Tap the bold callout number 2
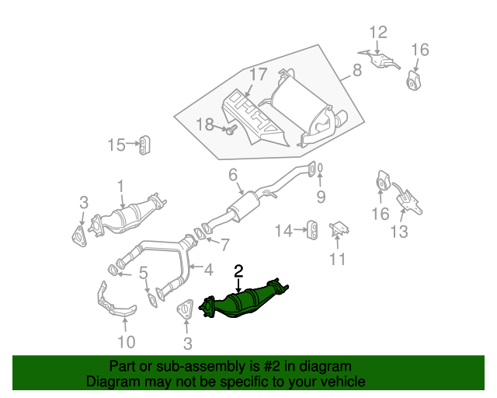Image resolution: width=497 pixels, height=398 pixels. click(x=238, y=271)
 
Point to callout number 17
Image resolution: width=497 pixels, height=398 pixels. click(x=258, y=75)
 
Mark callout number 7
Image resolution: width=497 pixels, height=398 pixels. click(x=224, y=245)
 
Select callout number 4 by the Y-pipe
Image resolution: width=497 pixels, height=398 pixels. click(x=208, y=270)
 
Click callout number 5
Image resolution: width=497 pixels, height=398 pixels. click(x=143, y=274)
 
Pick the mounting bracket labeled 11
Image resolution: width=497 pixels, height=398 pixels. click(x=339, y=231)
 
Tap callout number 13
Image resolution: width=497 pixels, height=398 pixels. click(x=398, y=230)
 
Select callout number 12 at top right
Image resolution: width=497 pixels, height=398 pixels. click(x=377, y=33)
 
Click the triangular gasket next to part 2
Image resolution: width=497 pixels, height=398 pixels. click(x=186, y=312)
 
